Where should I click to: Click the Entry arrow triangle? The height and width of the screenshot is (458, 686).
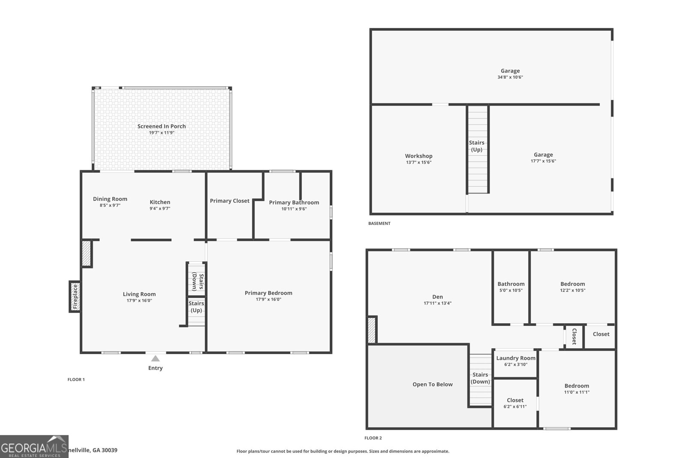tap(155, 358)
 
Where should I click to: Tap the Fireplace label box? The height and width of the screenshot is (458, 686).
tap(75, 297)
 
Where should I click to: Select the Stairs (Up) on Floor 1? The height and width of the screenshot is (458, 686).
tap(196, 307)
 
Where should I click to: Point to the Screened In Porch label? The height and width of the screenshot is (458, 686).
tap(162, 126)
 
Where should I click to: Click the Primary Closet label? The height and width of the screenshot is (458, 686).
tap(229, 201)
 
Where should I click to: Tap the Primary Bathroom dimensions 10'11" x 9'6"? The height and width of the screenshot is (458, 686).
tap(294, 209)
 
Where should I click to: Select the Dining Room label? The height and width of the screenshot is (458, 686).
tap(110, 199)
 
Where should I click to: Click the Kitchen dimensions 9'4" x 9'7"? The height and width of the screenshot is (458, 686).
tap(160, 209)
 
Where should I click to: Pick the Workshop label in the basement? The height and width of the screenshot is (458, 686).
tap(418, 156)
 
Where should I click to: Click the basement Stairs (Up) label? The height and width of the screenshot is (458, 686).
tap(477, 146)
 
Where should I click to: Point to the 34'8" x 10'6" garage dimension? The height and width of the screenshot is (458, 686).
tap(510, 77)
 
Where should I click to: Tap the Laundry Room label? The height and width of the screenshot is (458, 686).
tap(516, 358)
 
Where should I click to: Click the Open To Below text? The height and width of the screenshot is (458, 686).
tap(432, 385)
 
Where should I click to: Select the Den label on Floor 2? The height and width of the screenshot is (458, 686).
tap(437, 297)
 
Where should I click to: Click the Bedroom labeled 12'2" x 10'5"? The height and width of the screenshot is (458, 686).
tap(572, 284)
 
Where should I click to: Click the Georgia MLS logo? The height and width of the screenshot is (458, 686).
tap(34, 446)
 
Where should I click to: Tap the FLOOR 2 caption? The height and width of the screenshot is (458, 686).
tap(373, 438)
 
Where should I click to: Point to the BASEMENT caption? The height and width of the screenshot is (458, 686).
tap(379, 224)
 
